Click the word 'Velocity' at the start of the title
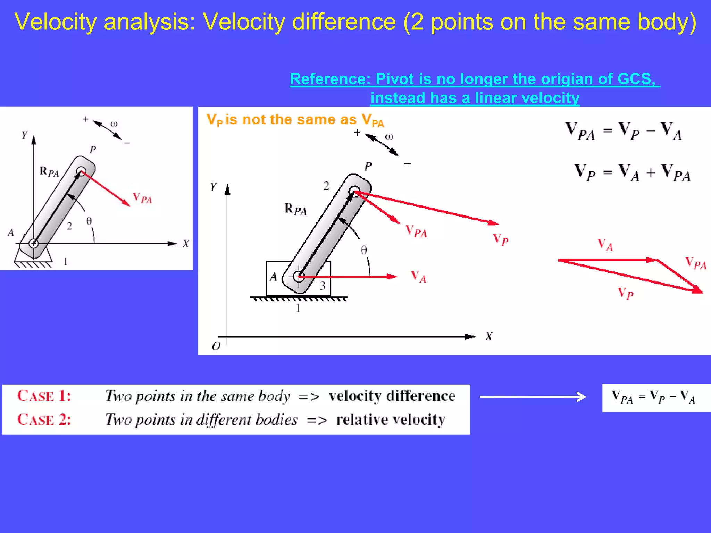(55, 22)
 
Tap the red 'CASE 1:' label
(44, 396)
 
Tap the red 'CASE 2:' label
(44, 420)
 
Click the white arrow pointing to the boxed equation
(533, 397)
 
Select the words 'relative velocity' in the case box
(390, 420)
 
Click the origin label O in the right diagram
(216, 346)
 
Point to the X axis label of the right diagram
(489, 336)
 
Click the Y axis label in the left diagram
(24, 135)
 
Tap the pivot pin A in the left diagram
(33, 243)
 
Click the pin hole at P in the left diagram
(81, 171)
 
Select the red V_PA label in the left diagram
(142, 198)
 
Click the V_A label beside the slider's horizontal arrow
(418, 277)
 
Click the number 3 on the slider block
(323, 286)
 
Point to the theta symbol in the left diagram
(89, 221)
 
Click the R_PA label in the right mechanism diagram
(295, 209)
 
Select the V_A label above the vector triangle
(605, 245)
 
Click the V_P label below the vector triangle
(626, 294)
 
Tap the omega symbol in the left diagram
(114, 124)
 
